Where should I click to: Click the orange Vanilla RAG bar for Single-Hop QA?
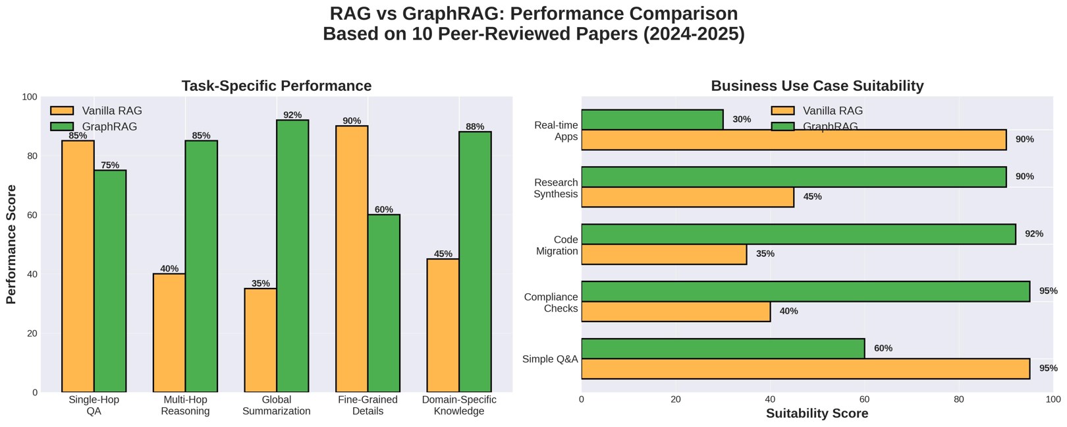[78, 266]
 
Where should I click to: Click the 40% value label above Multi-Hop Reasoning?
[169, 268]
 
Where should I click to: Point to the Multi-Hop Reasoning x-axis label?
[185, 405]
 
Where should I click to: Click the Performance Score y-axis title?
[11, 244]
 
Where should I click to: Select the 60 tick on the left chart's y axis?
[32, 215]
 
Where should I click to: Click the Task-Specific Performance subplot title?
[276, 86]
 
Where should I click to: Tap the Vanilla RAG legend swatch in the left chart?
[62, 111]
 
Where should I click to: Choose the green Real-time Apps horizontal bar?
[652, 120]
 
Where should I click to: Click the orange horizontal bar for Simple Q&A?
[805, 369]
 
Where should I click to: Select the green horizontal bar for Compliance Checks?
[805, 291]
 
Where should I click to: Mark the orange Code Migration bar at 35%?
[664, 254]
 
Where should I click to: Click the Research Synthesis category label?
[556, 188]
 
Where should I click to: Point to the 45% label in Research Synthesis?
[812, 196]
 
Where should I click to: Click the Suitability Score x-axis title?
[817, 413]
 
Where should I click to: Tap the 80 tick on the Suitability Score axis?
[959, 399]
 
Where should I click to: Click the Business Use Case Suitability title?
[817, 86]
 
